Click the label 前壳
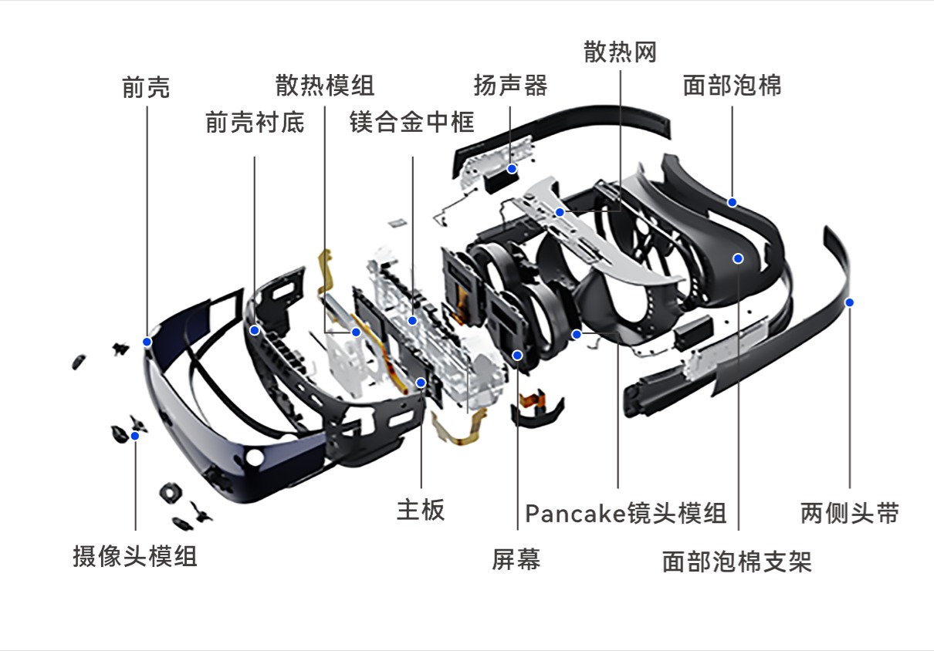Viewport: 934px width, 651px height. (x=146, y=87)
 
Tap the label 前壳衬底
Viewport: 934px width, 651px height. (x=255, y=122)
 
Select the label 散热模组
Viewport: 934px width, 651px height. (x=325, y=85)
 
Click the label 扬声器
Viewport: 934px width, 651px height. (x=510, y=85)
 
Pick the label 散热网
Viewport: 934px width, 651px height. (x=620, y=52)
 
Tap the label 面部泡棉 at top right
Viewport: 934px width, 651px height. (x=732, y=85)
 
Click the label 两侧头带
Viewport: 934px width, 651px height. (x=849, y=513)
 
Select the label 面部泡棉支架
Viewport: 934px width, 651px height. (x=737, y=561)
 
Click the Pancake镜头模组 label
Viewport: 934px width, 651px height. (x=625, y=513)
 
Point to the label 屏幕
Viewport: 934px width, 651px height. (x=516, y=559)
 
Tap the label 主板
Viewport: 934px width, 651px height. (x=421, y=510)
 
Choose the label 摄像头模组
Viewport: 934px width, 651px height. (x=135, y=556)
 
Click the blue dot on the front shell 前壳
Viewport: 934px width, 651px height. (x=147, y=341)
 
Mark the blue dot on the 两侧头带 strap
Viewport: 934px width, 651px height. (x=849, y=302)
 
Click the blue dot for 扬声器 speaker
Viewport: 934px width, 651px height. (x=511, y=168)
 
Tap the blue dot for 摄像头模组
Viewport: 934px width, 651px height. (x=135, y=436)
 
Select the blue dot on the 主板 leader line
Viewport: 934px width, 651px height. (x=421, y=383)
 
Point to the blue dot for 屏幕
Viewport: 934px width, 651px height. (x=517, y=355)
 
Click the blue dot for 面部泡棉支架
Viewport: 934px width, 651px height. (x=738, y=258)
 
